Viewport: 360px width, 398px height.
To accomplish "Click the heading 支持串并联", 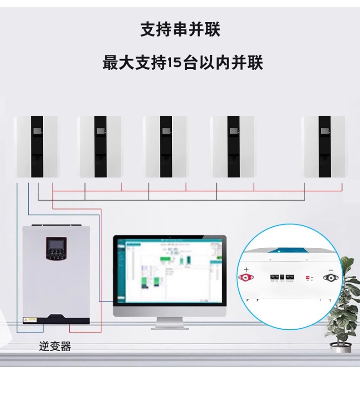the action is click(x=180, y=30).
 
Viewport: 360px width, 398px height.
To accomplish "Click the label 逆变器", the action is click(x=55, y=347).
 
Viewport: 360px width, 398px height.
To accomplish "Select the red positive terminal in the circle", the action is click(x=246, y=277).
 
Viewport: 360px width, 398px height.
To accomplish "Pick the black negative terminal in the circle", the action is click(x=329, y=277).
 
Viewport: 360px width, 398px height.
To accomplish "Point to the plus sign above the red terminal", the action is click(x=247, y=269).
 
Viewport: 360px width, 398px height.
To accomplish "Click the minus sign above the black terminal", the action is click(x=330, y=269).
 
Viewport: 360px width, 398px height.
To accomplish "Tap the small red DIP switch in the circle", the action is click(x=307, y=277).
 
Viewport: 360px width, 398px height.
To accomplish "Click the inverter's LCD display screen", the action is click(x=55, y=248).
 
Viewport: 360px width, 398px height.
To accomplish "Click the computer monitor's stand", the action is click(x=170, y=322).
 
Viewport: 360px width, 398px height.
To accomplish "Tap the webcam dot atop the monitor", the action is click(x=170, y=237).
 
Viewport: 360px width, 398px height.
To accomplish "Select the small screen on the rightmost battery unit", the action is click(x=325, y=132).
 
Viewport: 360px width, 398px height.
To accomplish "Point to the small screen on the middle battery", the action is click(x=166, y=132).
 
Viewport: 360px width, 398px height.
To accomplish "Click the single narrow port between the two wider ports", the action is click(x=282, y=277).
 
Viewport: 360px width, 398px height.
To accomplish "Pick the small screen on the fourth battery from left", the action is click(x=233, y=132).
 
